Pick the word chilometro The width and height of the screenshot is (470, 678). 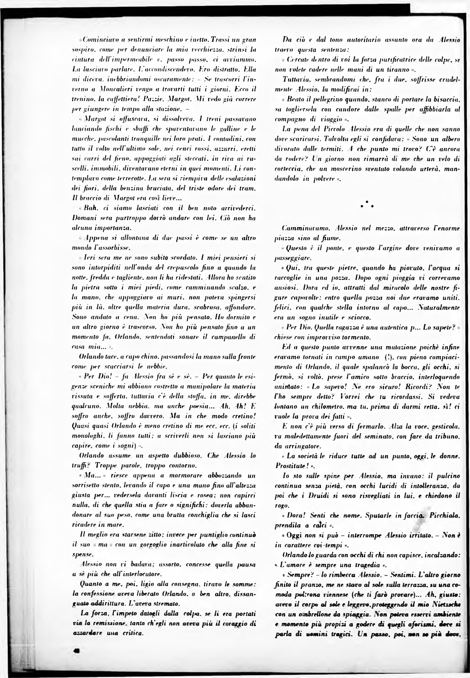click(x=321, y=407)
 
